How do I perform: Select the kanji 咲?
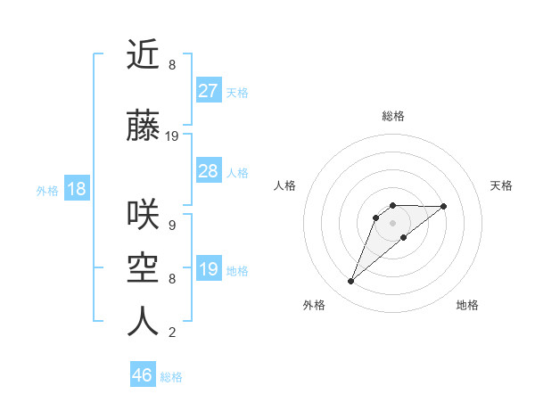143,215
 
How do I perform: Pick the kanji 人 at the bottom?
143,322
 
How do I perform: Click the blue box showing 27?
208,91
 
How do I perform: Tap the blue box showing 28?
208,171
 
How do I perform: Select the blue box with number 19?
208,269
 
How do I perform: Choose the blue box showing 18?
76,189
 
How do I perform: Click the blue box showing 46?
143,375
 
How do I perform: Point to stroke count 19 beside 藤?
172,136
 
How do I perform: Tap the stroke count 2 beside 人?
171,333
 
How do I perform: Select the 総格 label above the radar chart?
393,116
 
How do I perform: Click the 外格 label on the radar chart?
314,305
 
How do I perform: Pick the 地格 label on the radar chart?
467,305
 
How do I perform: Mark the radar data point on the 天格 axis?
444,206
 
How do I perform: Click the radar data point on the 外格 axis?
350,282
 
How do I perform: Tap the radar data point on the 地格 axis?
404,237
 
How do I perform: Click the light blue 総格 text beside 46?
171,377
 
